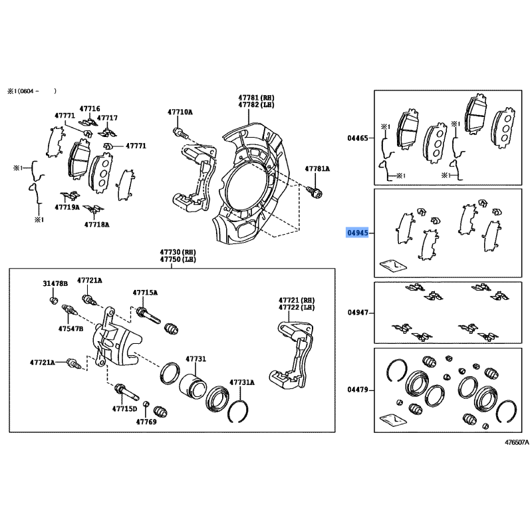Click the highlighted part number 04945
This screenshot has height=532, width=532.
click(357, 233)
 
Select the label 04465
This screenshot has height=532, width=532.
click(358, 138)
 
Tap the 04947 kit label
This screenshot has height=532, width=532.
click(358, 313)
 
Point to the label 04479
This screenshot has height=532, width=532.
click(358, 390)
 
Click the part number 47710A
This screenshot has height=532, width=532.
click(180, 112)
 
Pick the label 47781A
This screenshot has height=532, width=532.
click(317, 169)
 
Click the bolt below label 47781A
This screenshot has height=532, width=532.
click(315, 192)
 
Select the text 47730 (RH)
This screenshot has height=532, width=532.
click(178, 252)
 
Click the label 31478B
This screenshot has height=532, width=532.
click(55, 284)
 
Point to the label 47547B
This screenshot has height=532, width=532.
click(70, 329)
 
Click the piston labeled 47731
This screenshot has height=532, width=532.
click(192, 388)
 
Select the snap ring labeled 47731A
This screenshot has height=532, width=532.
click(238, 411)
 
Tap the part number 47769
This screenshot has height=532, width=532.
click(146, 422)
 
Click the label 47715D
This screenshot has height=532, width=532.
click(124, 409)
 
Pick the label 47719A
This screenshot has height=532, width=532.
click(67, 207)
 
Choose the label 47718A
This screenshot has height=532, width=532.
click(96, 224)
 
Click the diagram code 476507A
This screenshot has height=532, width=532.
click(517, 442)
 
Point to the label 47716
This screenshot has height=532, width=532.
click(90, 108)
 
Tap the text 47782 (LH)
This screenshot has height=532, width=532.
click(256, 105)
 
